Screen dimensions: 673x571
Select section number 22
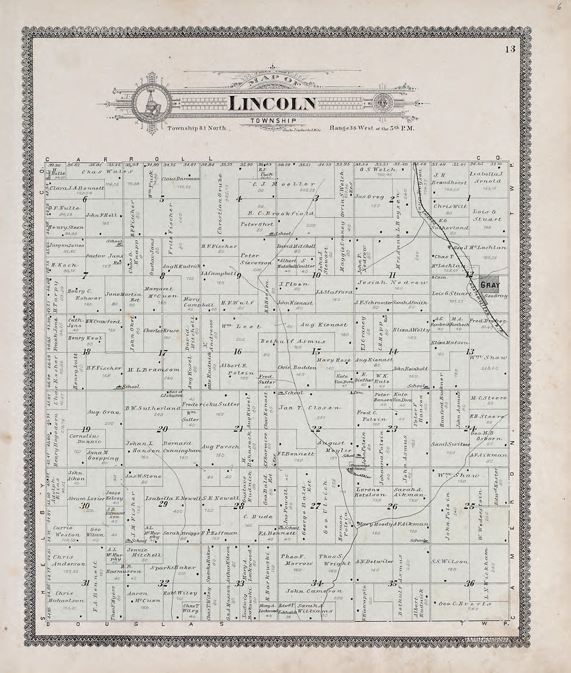pos(315,429)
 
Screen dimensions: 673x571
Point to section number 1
pos(469,198)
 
